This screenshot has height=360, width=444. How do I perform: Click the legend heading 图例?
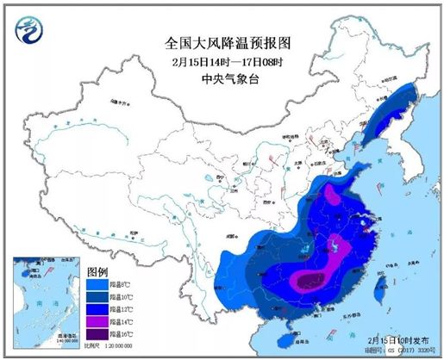(x=97, y=270)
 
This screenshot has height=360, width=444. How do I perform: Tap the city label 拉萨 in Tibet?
(x=131, y=238)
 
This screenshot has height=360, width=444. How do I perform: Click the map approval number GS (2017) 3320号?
(x=403, y=351)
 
